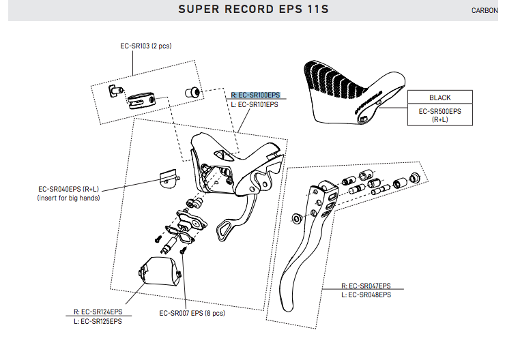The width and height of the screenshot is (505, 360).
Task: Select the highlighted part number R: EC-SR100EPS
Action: (x=256, y=95)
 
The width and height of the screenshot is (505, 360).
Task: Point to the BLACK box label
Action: (x=439, y=97)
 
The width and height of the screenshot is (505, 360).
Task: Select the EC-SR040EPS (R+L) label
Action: (x=68, y=189)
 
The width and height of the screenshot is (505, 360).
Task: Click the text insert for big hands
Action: (x=68, y=198)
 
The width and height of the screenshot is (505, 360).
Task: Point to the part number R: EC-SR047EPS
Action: (x=366, y=286)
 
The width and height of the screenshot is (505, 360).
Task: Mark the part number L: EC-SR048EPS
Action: (x=366, y=295)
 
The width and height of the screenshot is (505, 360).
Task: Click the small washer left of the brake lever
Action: (x=296, y=218)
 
